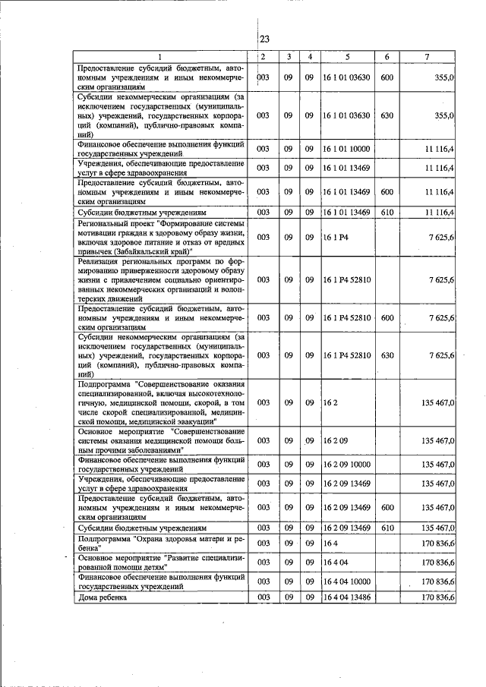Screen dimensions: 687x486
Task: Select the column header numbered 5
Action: [x=347, y=57]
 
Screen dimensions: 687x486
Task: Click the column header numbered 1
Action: [x=159, y=57]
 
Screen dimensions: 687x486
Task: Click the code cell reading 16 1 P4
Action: [x=334, y=238]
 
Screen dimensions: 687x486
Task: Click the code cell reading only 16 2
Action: [x=330, y=403]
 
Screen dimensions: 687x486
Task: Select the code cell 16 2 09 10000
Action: [x=347, y=463]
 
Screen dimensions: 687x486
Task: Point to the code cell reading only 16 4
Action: [x=330, y=544]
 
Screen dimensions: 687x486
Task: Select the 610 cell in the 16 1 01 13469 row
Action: [x=387, y=212]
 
